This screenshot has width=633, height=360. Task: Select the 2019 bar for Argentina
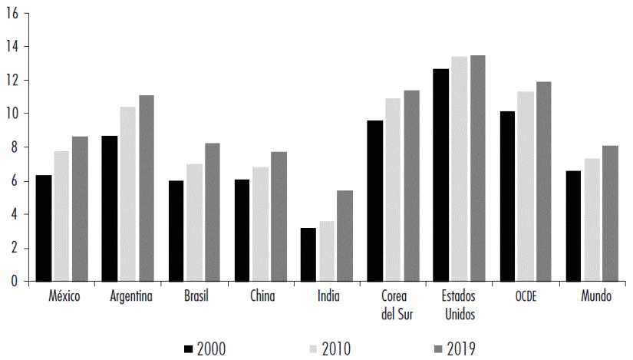(147, 188)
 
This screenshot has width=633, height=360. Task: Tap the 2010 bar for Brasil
(194, 223)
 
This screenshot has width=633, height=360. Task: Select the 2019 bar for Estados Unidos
(477, 168)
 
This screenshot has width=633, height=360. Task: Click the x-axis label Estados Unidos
(460, 305)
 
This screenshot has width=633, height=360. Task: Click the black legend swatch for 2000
(188, 349)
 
